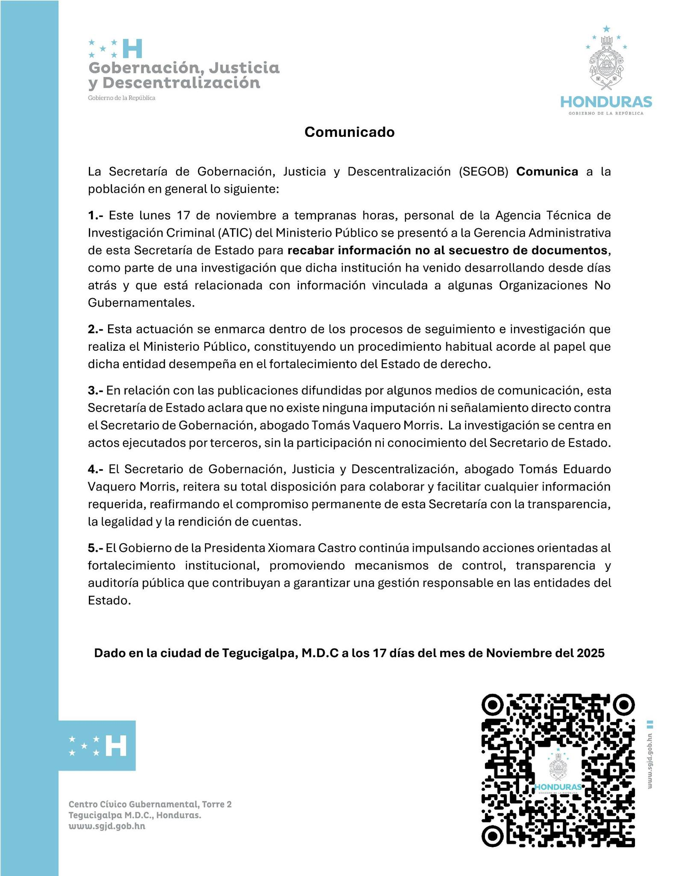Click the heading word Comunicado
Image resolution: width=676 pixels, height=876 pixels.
tap(349, 132)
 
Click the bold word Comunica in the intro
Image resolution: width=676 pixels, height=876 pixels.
tap(547, 172)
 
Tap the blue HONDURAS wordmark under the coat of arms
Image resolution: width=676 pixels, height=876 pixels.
tap(606, 102)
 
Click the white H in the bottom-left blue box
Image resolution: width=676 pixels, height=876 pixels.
tap(116, 746)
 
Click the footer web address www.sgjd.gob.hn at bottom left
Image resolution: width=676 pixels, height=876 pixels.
tap(107, 826)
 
